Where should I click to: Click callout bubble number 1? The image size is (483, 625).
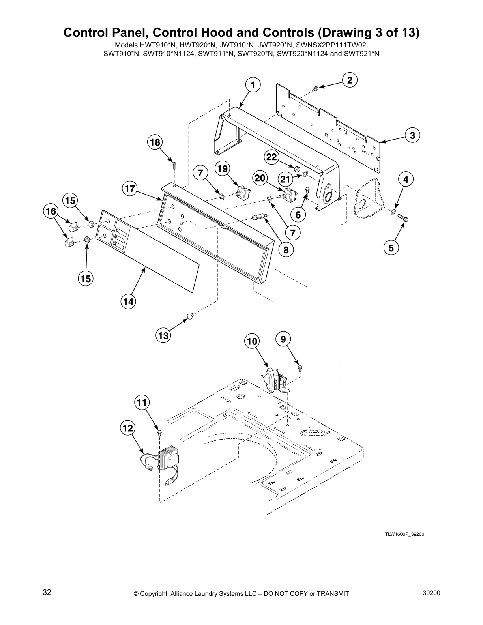[253, 85]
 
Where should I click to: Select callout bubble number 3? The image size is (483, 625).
[412, 135]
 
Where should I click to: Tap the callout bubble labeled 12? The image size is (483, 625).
[128, 428]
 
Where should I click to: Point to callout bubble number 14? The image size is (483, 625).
[128, 302]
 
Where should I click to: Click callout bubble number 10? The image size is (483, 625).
[253, 341]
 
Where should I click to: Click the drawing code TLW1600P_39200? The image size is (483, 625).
[404, 535]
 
